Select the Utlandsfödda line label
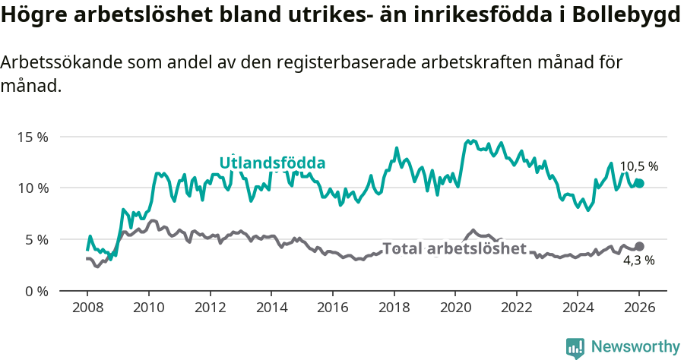[272, 163]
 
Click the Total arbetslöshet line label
[454, 248]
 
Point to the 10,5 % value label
[638, 166]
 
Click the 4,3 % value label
[638, 261]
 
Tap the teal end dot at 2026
[639, 183]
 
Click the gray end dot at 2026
[639, 247]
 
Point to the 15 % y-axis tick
[33, 137]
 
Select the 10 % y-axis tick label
[33, 188]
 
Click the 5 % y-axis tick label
[36, 239]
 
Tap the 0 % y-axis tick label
[36, 291]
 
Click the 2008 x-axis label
[87, 309]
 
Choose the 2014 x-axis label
[271, 309]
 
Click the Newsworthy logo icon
[575, 347]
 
